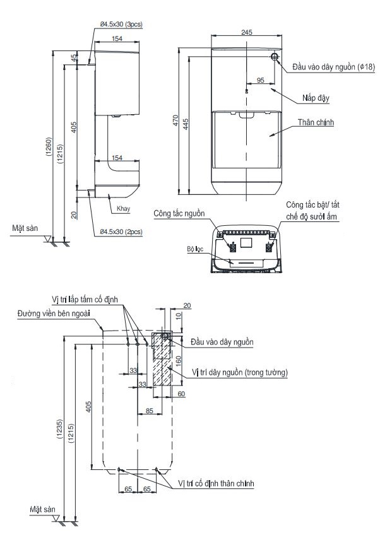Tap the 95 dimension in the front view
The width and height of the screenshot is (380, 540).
click(260, 80)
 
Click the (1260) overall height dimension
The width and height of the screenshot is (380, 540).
click(49, 149)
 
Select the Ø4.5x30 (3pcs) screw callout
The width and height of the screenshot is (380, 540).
click(121, 24)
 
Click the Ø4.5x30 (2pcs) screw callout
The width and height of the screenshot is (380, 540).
click(121, 232)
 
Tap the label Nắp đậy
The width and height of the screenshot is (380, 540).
click(316, 98)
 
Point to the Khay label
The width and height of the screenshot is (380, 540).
click(124, 207)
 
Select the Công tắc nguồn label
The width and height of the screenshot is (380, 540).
click(179, 214)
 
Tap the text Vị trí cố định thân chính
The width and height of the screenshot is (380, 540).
click(216, 483)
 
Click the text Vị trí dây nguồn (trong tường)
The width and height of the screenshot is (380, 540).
click(240, 373)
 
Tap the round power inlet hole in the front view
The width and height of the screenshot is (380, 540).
click(275, 56)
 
